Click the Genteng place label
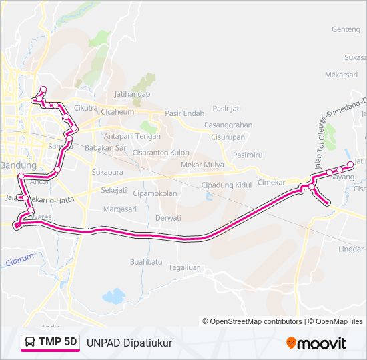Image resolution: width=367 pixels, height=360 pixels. (x=346, y=29)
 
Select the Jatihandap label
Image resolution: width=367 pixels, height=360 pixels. (x=132, y=95)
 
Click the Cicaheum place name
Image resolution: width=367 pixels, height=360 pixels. (x=117, y=112)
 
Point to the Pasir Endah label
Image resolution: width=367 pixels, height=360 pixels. (x=184, y=113)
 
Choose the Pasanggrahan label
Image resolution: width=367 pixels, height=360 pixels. (x=228, y=125)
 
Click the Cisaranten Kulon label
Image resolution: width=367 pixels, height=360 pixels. (x=161, y=152)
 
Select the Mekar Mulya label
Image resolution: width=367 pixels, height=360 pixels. (x=203, y=165)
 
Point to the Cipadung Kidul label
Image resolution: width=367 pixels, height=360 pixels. (x=226, y=184)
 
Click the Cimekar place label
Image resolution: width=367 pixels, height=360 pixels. (x=271, y=182)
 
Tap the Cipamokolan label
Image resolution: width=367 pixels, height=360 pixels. (x=155, y=194)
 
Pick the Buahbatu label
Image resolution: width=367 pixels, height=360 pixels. (x=146, y=262)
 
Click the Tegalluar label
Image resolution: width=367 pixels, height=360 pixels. (x=183, y=267)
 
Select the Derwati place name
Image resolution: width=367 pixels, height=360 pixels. (x=168, y=218)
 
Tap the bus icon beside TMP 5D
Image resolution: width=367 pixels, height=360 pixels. (x=30, y=343)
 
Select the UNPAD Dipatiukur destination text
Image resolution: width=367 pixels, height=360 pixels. (x=129, y=343)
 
